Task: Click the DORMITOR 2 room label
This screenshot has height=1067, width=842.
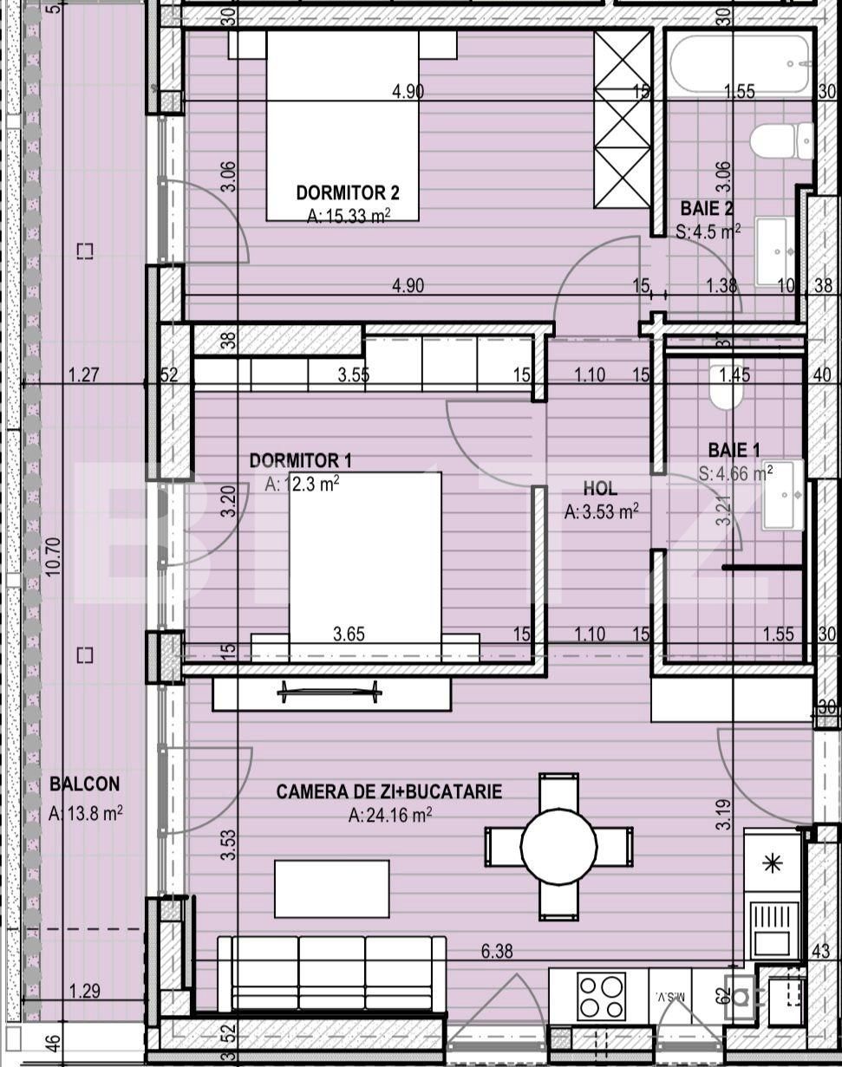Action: [347, 192]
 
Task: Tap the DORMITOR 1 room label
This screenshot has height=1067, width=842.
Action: [300, 460]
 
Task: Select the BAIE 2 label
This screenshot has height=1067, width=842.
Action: [707, 208]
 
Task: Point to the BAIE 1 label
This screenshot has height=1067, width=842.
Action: [734, 450]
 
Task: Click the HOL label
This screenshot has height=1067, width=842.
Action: [600, 490]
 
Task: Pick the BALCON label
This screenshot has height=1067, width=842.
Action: [84, 784]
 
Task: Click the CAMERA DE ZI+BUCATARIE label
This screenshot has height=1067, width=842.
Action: [388, 791]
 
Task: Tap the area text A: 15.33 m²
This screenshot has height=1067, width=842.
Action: [348, 216]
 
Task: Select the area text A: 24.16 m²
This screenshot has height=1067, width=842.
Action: [389, 815]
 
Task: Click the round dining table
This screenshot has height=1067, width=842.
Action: [558, 846]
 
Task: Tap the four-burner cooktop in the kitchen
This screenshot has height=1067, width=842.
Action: [602, 996]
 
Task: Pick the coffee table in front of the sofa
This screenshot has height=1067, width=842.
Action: [331, 888]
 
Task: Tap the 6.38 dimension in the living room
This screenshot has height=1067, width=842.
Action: [497, 951]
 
